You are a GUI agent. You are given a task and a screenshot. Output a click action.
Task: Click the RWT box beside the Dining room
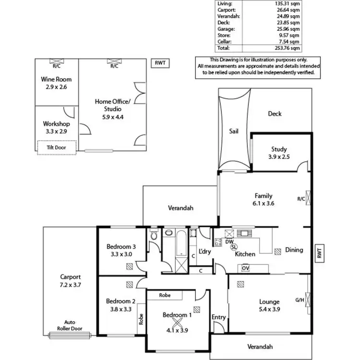[x=319, y=253]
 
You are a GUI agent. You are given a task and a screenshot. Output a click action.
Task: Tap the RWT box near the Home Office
[x=158, y=63]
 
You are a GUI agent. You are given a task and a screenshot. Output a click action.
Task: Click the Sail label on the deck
[x=233, y=130]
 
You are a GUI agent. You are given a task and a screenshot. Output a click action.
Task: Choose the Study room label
[x=278, y=149]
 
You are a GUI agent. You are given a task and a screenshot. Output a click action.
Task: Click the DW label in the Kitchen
[x=229, y=241]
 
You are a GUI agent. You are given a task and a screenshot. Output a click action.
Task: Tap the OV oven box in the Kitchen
[x=245, y=267]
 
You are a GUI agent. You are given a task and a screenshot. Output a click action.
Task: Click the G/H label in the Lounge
[x=300, y=300]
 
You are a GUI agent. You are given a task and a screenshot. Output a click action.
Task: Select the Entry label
[x=218, y=317]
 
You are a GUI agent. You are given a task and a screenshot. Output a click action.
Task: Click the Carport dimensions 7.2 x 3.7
[x=71, y=285]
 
